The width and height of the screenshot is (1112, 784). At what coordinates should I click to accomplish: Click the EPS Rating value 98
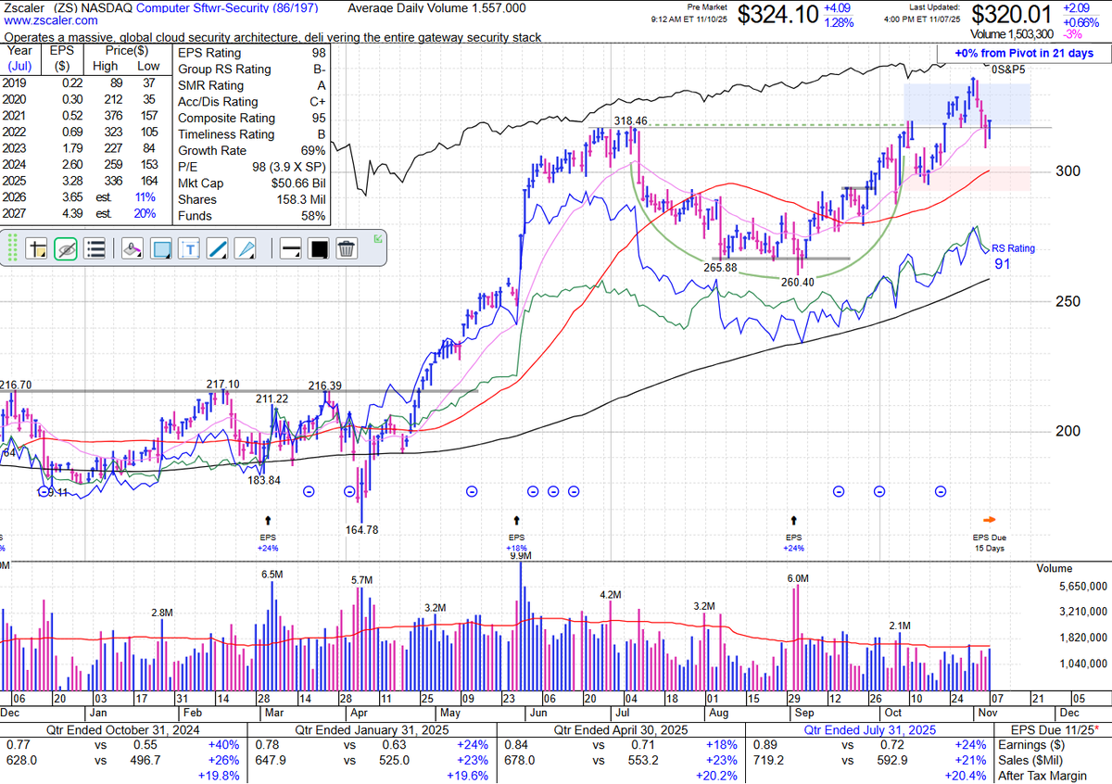tap(319, 53)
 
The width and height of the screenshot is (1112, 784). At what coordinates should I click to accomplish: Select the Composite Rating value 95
tap(319, 118)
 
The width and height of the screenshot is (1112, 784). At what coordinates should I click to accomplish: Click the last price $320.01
tap(1012, 15)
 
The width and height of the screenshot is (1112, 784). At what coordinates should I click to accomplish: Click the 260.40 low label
tap(796, 283)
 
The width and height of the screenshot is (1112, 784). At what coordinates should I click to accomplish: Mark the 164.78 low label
tap(360, 530)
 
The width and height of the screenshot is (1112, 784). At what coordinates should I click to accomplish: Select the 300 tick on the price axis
tap(1068, 171)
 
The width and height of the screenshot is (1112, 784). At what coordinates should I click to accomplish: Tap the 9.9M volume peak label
tap(520, 556)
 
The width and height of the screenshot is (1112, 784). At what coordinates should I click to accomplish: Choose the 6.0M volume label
tap(798, 578)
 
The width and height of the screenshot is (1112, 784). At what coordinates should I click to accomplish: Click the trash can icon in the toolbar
tap(347, 248)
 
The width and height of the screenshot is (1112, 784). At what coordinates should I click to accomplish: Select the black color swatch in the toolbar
tap(319, 248)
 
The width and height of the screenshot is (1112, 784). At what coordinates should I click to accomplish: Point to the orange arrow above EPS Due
tap(991, 520)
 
